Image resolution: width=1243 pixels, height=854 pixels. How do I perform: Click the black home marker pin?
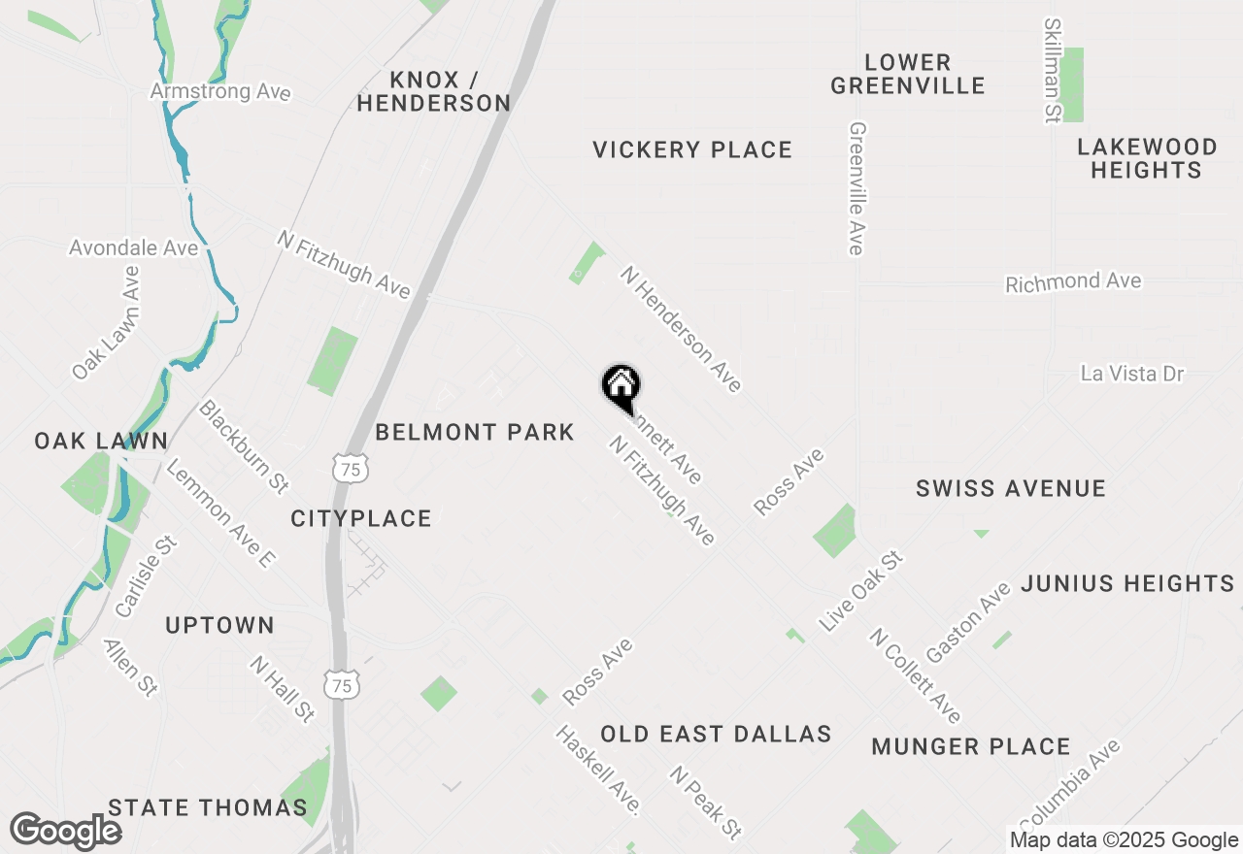click(621, 386)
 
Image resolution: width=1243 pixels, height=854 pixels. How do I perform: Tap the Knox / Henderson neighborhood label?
click(433, 91)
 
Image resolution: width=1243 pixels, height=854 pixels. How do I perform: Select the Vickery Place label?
click(692, 149)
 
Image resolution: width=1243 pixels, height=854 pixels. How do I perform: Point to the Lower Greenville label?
click(908, 74)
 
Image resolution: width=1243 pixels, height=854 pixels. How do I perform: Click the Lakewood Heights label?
click(1147, 158)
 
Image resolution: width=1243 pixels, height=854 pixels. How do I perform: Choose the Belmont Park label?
click(475, 432)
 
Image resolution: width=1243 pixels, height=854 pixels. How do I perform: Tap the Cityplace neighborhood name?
click(361, 519)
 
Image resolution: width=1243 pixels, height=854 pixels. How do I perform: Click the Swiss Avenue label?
click(1011, 488)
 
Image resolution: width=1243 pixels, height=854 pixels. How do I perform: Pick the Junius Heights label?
click(1127, 583)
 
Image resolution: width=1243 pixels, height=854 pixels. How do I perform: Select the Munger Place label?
click(971, 746)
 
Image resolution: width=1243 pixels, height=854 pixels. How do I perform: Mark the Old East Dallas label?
click(716, 734)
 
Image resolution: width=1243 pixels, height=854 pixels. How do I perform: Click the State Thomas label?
click(208, 807)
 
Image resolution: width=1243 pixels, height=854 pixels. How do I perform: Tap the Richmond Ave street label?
click(1073, 282)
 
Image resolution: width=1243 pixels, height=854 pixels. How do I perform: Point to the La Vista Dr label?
click(1132, 373)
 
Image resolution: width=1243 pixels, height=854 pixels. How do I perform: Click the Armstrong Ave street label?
click(220, 91)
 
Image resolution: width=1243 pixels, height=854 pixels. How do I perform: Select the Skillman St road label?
click(1052, 70)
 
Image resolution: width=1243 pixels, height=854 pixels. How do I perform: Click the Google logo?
click(65, 831)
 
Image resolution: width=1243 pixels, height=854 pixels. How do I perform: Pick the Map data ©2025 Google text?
click(1124, 840)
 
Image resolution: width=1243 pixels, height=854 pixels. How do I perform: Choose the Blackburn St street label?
click(244, 445)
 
